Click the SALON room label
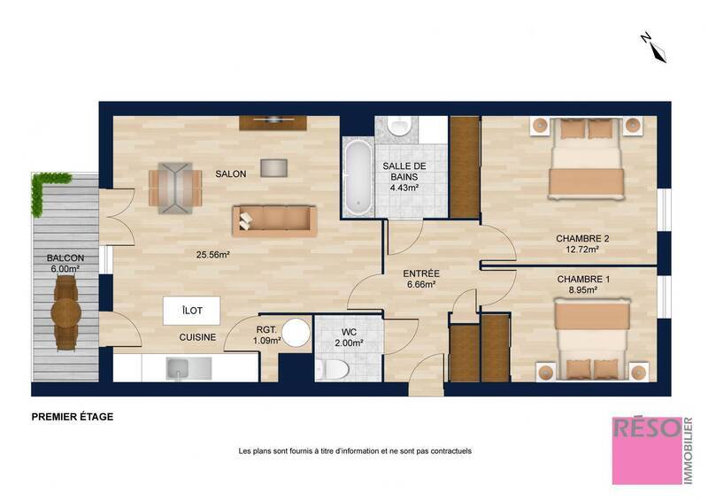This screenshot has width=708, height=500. (x=230, y=174)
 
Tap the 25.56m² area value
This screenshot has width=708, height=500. (x=212, y=255)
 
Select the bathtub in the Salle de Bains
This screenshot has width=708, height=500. (x=358, y=177)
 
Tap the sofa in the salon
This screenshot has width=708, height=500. (x=274, y=219)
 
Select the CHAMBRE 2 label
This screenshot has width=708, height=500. (x=582, y=239)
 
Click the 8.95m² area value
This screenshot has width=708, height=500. (x=582, y=289)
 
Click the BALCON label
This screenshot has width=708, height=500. (x=65, y=258)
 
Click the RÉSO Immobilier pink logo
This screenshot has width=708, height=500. (x=648, y=450)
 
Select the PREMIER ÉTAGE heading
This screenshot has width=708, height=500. (x=72, y=416)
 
